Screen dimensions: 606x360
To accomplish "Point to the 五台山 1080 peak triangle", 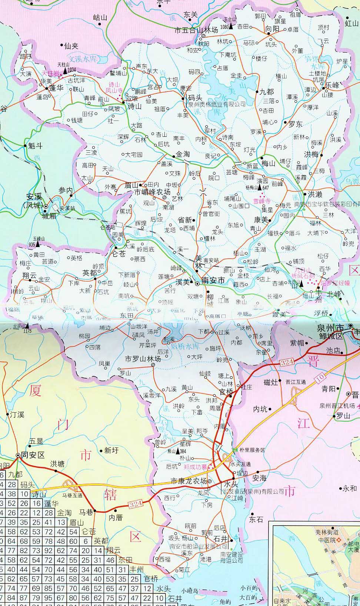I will pyautogui.click(x=231, y=26).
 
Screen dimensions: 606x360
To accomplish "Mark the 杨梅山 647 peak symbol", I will pyautogui.click(x=259, y=188).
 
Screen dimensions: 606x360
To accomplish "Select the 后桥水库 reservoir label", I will pyautogui.click(x=186, y=346).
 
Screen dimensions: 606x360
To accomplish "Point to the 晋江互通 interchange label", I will pyautogui.click(x=296, y=382).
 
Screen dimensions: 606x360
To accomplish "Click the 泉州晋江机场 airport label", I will pyautogui.click(x=337, y=406).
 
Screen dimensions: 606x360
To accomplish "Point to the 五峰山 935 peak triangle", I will pyautogui.click(x=37, y=245).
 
